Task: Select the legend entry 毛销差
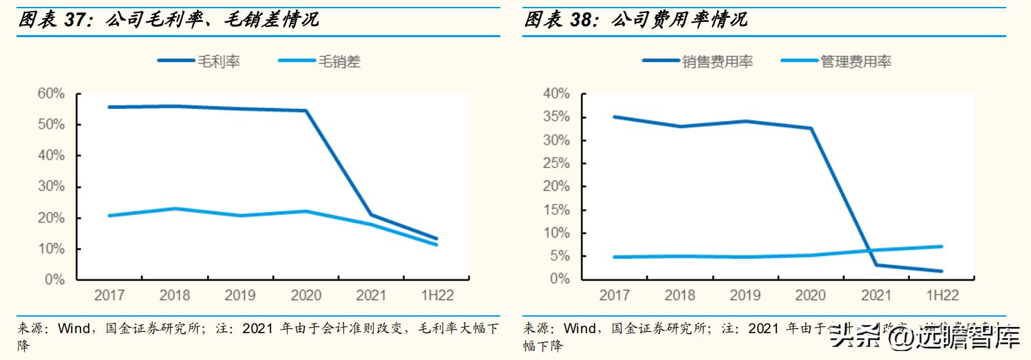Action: click(338, 61)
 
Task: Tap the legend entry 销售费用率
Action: click(717, 61)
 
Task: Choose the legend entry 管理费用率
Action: click(855, 61)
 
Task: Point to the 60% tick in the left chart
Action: click(52, 94)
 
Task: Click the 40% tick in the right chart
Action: click(556, 94)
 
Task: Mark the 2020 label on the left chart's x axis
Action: click(306, 296)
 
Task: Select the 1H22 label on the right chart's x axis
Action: click(942, 295)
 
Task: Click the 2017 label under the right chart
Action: click(615, 295)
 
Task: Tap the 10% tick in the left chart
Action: click(52, 249)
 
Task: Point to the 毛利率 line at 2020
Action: click(306, 111)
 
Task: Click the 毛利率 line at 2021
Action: click(372, 215)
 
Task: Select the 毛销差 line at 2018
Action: click(175, 209)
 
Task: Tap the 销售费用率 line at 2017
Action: click(615, 117)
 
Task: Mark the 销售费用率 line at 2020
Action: click(811, 128)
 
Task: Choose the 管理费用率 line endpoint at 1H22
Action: click(942, 246)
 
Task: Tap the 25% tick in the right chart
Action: click(556, 164)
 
